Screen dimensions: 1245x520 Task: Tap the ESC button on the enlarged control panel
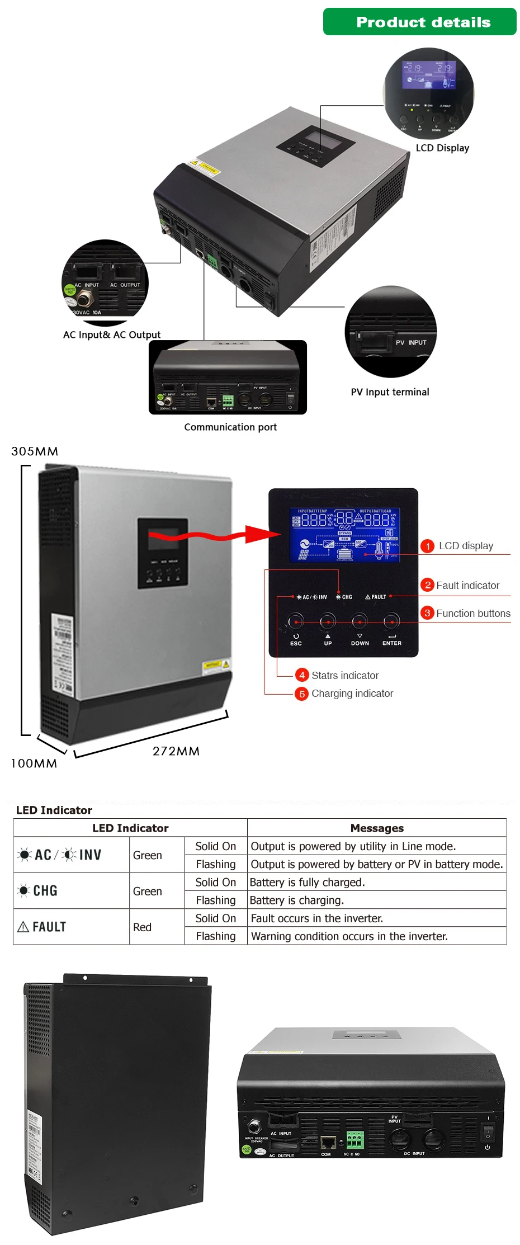295,621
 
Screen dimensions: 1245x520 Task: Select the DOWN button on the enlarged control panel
360,621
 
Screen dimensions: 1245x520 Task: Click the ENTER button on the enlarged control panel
391,621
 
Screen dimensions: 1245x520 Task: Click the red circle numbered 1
427,546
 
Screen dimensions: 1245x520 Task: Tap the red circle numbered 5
302,694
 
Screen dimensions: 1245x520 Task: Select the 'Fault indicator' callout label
467,585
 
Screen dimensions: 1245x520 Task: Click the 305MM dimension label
35,451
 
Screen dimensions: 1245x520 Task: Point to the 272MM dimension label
176,751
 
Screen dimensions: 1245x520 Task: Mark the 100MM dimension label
34,763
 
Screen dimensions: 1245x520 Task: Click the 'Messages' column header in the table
377,828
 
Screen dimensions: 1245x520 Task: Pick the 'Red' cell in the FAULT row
143,927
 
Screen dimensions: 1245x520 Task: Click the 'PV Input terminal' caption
390,392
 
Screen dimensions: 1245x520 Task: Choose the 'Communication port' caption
230,427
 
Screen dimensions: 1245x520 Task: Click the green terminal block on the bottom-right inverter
354,1139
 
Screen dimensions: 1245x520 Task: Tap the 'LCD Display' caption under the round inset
442,148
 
